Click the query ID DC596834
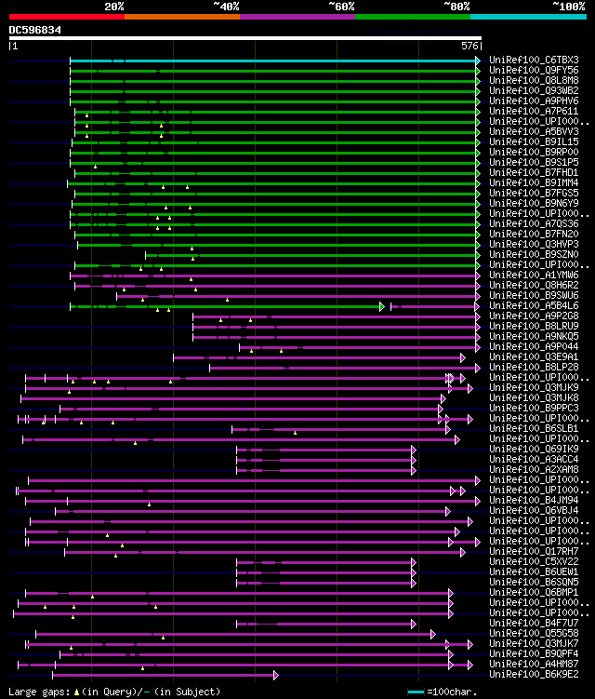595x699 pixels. click(x=35, y=30)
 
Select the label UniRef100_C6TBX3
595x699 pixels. click(x=534, y=60)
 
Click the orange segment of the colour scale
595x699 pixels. click(x=181, y=16)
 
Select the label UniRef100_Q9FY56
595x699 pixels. click(x=534, y=70)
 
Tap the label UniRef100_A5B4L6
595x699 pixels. click(x=534, y=305)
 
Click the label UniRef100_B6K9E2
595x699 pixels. click(x=534, y=674)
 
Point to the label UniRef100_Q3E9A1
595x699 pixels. click(x=534, y=356)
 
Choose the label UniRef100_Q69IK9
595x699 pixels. click(x=534, y=449)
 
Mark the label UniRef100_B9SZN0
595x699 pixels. click(x=534, y=254)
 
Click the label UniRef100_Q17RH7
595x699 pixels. click(x=534, y=551)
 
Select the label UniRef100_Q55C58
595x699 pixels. click(x=534, y=633)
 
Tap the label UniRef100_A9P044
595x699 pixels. click(x=534, y=346)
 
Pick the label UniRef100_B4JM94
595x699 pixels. click(x=534, y=500)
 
